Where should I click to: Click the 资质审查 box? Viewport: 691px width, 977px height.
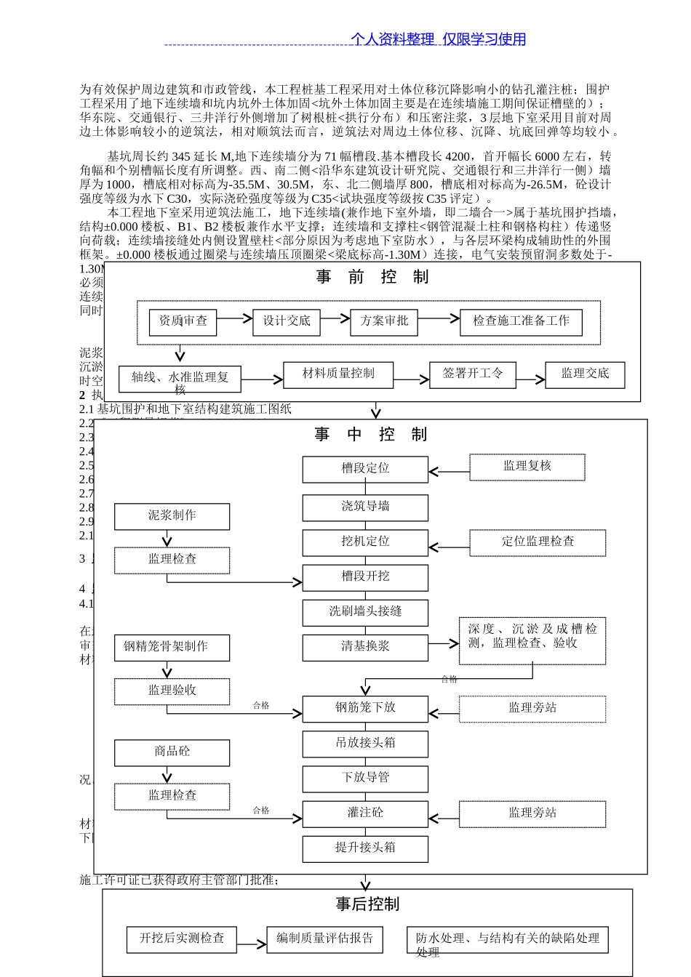183,322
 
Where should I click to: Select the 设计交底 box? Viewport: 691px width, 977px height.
287,322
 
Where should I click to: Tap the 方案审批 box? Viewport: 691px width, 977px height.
384,322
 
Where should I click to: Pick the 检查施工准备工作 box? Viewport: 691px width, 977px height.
521,322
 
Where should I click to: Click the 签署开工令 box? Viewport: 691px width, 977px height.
473,374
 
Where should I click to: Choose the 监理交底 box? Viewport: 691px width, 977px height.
585,374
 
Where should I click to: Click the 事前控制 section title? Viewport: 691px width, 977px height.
372,277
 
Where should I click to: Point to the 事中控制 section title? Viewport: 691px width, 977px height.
371,435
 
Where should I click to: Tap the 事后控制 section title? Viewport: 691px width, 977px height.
367,904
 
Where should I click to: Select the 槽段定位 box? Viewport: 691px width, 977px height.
365,470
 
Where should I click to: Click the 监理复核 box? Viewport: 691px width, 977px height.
527,467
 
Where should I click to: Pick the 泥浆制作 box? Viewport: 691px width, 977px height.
172,516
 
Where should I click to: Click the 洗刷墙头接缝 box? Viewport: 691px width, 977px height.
365,612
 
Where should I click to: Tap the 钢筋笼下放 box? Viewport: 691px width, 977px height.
365,708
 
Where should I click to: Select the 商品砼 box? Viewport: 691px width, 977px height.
172,752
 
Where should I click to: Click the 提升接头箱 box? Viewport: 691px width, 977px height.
365,848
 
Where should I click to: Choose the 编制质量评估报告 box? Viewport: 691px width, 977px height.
324,939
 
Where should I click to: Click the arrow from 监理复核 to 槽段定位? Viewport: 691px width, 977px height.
449,472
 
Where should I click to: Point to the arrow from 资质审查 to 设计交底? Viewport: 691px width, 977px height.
234,318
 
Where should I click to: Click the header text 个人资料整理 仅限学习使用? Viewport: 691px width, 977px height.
438,39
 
